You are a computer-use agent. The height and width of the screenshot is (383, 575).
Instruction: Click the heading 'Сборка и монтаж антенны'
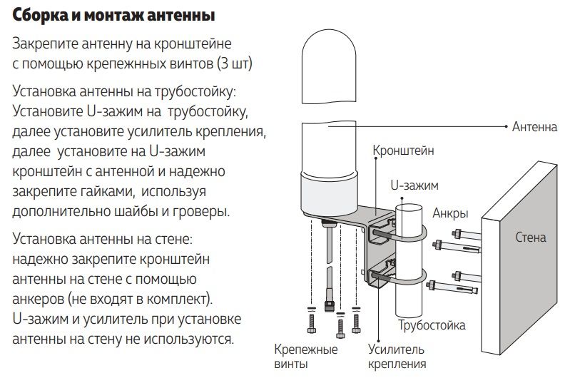(x=113, y=14)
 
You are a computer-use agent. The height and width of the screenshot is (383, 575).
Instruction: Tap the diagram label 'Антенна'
(x=534, y=127)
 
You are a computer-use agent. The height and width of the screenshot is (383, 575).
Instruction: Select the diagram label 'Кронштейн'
(x=403, y=150)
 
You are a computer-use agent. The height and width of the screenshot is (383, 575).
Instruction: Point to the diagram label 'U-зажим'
(x=414, y=185)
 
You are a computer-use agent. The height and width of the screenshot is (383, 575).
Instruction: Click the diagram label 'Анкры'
(x=450, y=213)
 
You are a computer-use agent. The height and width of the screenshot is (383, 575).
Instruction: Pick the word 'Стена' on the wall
(x=531, y=237)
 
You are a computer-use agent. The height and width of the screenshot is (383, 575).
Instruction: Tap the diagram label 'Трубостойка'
(x=432, y=325)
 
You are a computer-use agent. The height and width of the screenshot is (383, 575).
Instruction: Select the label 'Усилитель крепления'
(x=397, y=357)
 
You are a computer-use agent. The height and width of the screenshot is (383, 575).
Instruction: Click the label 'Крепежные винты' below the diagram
(x=306, y=357)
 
